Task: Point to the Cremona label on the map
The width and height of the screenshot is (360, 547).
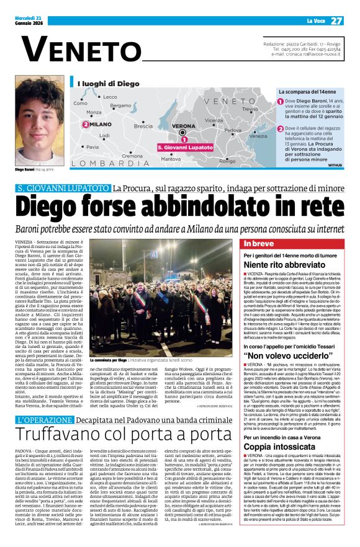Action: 132,156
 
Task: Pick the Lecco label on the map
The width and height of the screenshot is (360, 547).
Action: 109,97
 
